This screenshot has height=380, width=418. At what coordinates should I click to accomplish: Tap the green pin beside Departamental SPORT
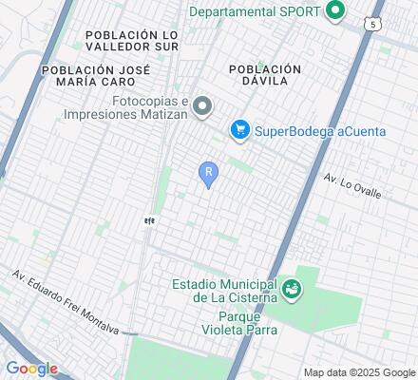pos(334,12)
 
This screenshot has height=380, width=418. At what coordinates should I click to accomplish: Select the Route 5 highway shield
pos(376,22)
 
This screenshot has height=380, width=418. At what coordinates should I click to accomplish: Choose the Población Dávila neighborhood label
pos(265,76)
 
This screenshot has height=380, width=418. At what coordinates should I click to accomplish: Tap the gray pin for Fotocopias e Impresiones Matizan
pos(201,107)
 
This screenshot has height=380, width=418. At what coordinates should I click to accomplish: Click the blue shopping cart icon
pos(241,130)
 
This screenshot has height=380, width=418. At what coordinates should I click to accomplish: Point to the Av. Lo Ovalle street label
pos(352,185)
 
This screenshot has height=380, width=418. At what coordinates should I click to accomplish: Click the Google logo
pos(31,368)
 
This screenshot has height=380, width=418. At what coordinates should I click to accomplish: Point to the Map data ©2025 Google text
pos(360,371)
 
